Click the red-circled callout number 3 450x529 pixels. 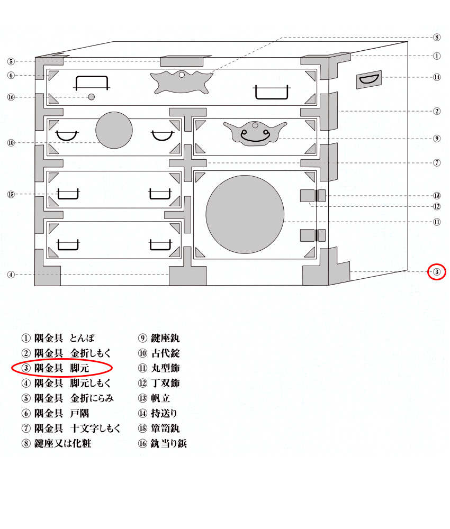point(436,271)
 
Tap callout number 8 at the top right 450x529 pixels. point(436,37)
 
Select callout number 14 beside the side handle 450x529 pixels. point(436,77)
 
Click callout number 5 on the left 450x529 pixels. point(11,61)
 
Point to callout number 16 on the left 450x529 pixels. point(11,97)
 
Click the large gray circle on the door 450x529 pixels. point(245,214)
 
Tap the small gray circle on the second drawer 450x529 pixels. point(114,130)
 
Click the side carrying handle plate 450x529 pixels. point(369,80)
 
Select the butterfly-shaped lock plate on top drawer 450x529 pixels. point(182,82)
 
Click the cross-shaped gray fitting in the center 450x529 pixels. point(188,163)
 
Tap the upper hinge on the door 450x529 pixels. point(313,196)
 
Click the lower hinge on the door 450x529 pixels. point(313,235)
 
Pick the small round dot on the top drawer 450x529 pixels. point(91,97)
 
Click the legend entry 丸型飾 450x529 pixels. point(159,368)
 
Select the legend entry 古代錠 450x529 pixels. point(159,353)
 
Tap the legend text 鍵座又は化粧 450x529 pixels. point(56,443)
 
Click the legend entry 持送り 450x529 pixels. point(158,413)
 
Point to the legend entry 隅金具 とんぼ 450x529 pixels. point(58,338)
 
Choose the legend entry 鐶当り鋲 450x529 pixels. point(163,443)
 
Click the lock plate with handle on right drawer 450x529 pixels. point(255,133)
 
